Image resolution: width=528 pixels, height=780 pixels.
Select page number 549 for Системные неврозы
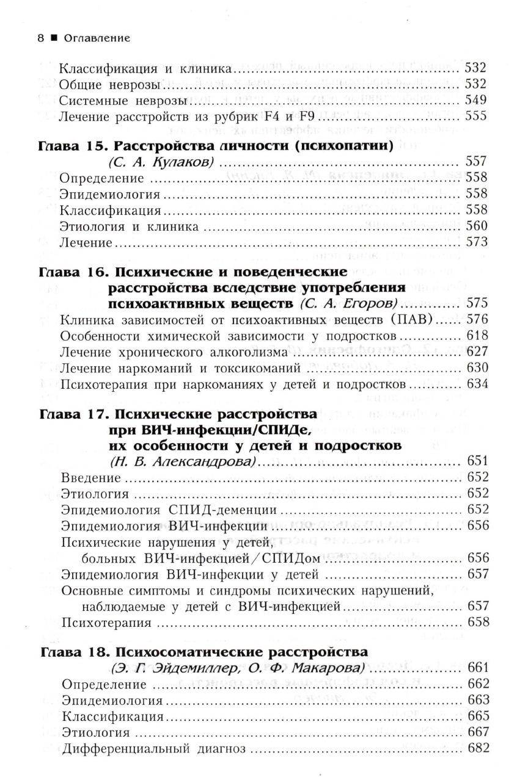(476, 99)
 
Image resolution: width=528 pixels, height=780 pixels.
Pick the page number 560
(476, 226)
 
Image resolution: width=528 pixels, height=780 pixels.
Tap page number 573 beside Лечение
(476, 242)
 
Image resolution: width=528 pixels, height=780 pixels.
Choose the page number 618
(476, 335)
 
